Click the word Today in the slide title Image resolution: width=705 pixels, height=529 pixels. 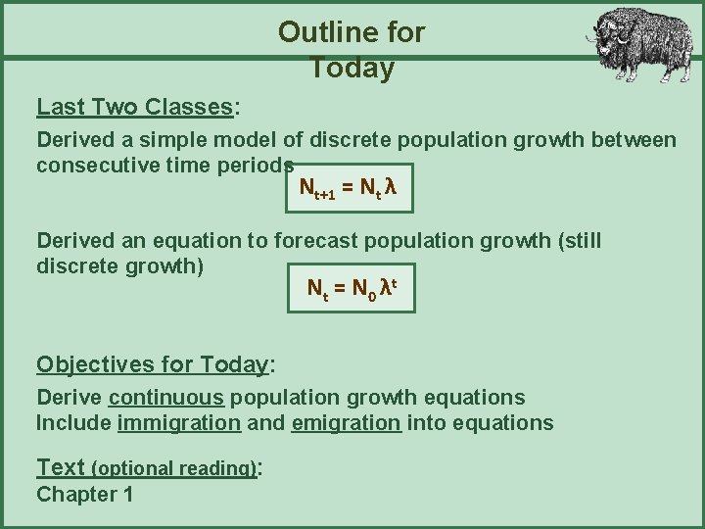click(x=352, y=69)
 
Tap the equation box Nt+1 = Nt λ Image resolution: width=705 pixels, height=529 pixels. click(x=347, y=187)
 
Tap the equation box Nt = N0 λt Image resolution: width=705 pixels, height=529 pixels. click(x=351, y=288)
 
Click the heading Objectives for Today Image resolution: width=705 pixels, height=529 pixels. click(x=152, y=364)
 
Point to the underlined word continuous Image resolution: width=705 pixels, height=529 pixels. click(x=167, y=398)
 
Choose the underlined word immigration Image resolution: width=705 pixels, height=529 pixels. click(x=178, y=422)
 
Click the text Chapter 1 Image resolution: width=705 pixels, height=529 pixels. click(x=84, y=494)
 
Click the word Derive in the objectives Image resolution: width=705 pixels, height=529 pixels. click(x=70, y=398)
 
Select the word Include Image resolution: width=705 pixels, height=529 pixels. click(x=73, y=422)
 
